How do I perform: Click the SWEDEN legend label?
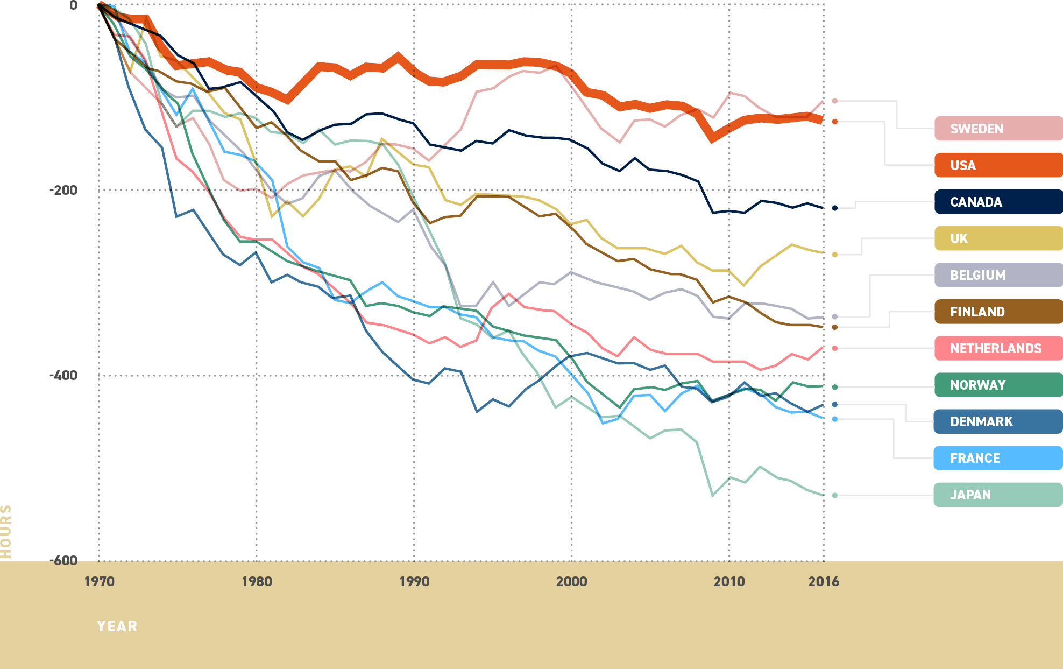pos(976,129)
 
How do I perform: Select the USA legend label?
pos(962,165)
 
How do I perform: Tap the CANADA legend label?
pos(976,202)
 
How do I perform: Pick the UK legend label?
pos(959,238)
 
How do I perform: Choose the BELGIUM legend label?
pos(977,275)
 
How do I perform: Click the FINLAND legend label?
pos(977,312)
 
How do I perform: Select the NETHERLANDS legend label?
pos(995,348)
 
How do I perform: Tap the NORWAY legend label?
pos(977,385)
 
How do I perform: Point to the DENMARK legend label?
pos(981,421)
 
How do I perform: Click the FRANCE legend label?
pos(975,458)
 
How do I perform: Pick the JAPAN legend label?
pos(970,495)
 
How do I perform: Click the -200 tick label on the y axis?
pos(63,190)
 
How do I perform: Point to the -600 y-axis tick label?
pos(63,560)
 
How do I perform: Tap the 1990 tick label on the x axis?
pos(414,581)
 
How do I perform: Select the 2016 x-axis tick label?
pos(823,581)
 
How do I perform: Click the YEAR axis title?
pos(117,626)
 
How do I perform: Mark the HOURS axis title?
pos(6,532)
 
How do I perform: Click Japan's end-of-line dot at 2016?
pos(834,495)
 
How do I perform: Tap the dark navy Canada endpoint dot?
pos(834,208)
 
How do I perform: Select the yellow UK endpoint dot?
pos(834,255)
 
